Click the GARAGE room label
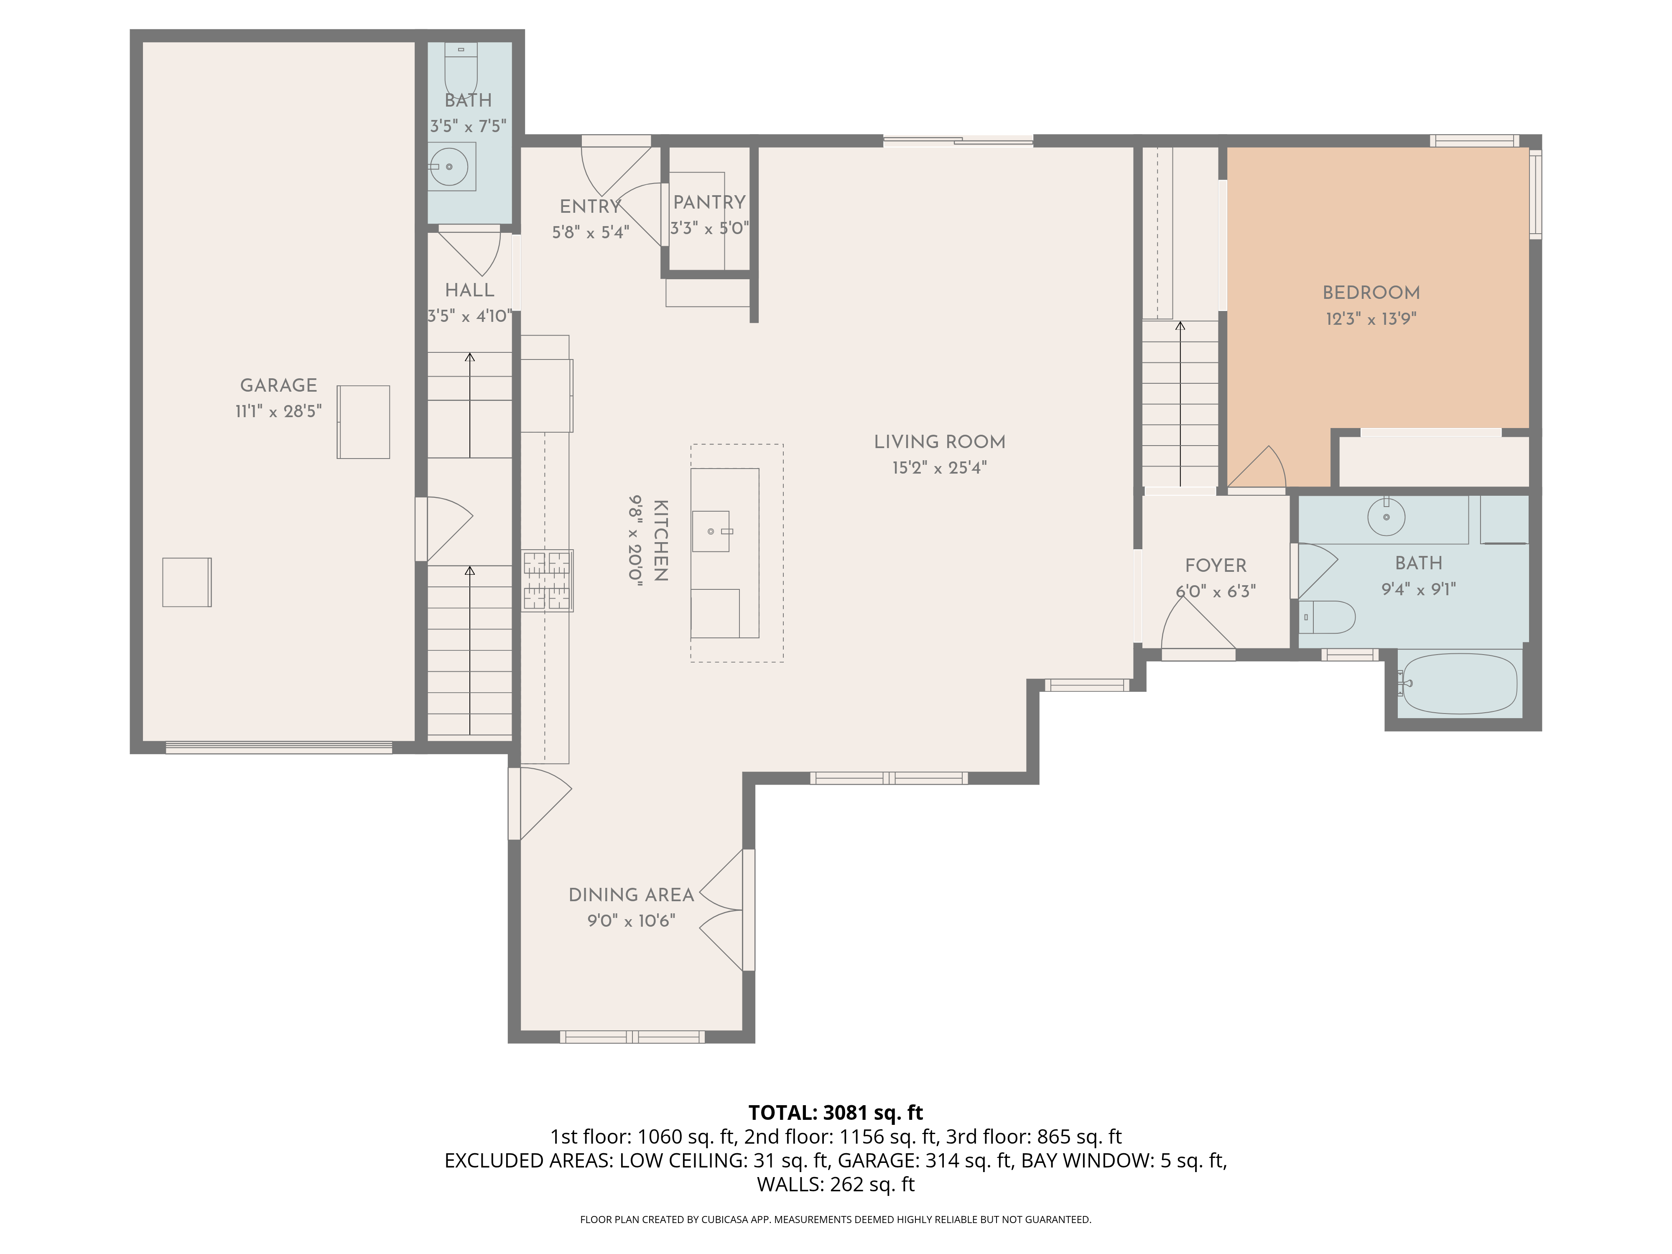(x=278, y=385)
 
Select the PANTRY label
(x=709, y=203)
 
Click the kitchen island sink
(x=711, y=531)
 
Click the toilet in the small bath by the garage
(x=460, y=68)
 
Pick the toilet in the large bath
(x=1327, y=617)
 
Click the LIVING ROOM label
(x=940, y=442)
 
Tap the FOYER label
(x=1216, y=566)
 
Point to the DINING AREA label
(x=631, y=895)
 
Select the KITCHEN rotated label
(x=660, y=540)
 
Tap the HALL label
(x=469, y=290)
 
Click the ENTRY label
(x=589, y=206)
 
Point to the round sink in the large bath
(x=1386, y=517)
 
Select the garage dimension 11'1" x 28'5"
(x=278, y=411)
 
